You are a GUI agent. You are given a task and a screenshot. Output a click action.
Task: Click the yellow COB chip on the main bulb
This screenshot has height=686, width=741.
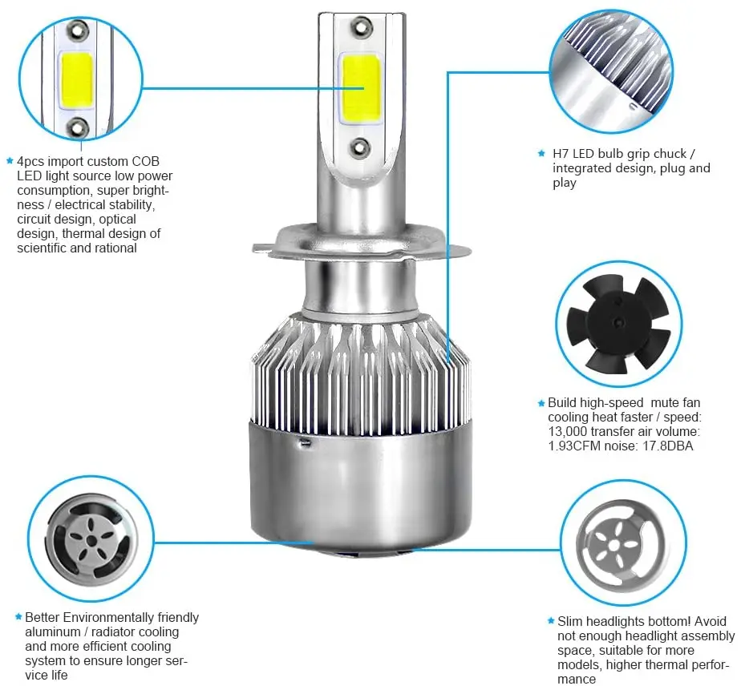[x=361, y=88]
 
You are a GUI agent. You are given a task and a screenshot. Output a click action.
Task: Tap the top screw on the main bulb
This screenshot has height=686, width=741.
[x=361, y=26]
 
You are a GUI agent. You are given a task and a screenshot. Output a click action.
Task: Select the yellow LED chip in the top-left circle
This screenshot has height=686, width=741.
[x=76, y=81]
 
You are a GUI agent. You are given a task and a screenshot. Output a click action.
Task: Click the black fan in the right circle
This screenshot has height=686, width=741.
[x=618, y=324]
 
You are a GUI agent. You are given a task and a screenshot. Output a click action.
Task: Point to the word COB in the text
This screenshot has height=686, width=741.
[x=146, y=161]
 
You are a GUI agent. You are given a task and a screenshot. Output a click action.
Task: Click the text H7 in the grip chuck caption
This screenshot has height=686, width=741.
[x=561, y=154]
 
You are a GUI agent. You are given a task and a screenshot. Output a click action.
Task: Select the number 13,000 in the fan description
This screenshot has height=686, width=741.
[x=568, y=432]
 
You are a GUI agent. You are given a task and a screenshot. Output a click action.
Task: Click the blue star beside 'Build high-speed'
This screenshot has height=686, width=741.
[x=541, y=403]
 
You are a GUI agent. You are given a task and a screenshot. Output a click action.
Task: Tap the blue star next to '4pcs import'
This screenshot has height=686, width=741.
[x=10, y=161]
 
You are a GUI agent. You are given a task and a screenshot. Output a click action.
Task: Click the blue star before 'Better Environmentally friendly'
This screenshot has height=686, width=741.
[x=18, y=616]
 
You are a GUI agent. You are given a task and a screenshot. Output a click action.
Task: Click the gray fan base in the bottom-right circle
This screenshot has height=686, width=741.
[x=620, y=545]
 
